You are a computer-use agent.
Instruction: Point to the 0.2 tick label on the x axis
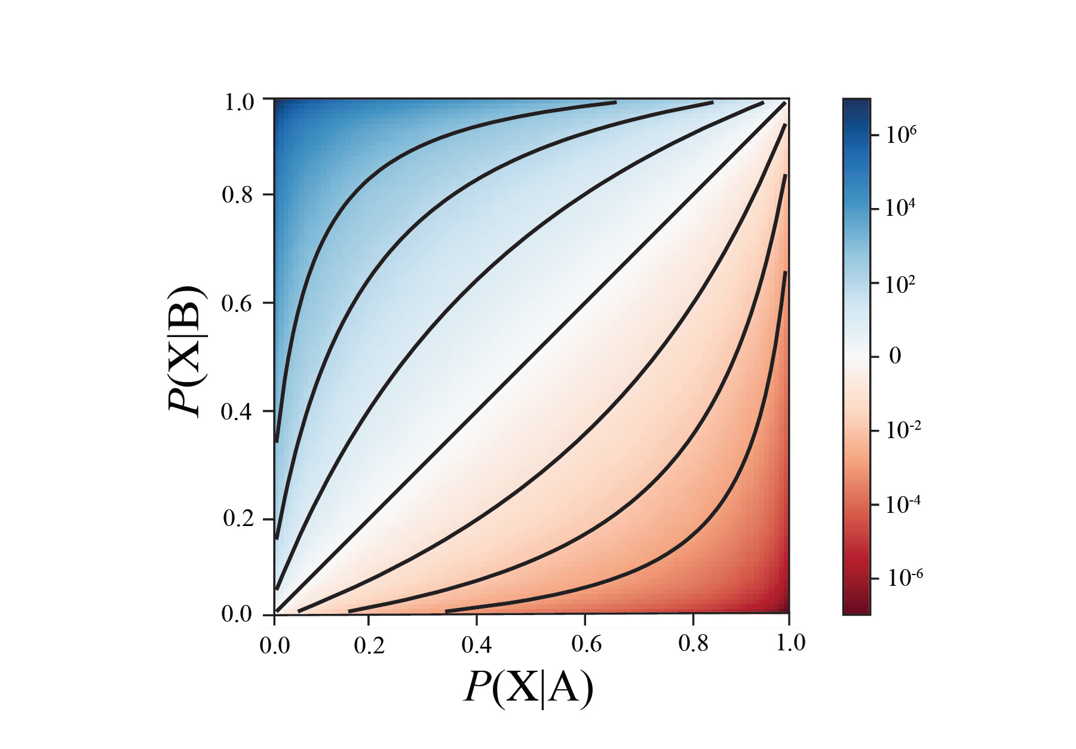click(x=369, y=646)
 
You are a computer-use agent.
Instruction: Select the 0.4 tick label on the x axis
click(x=477, y=644)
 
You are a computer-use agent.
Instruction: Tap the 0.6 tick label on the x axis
click(x=585, y=643)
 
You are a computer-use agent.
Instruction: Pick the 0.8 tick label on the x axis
click(x=693, y=643)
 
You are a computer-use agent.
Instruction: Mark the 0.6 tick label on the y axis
click(x=237, y=303)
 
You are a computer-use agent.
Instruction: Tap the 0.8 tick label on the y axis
click(x=237, y=195)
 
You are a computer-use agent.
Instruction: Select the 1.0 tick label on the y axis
click(x=239, y=102)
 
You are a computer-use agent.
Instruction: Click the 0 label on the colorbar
click(x=895, y=356)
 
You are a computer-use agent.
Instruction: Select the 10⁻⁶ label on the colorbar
click(x=904, y=577)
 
